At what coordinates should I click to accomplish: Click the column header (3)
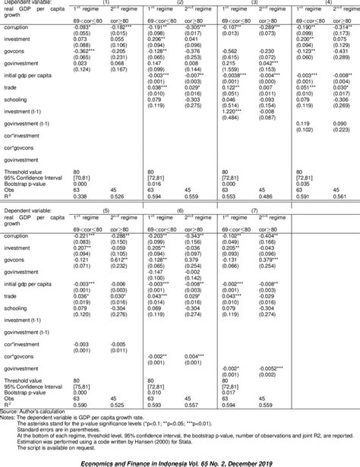click(254, 4)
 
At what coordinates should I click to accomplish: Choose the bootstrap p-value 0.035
click(302, 183)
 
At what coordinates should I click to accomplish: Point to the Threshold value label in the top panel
click(26, 172)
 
